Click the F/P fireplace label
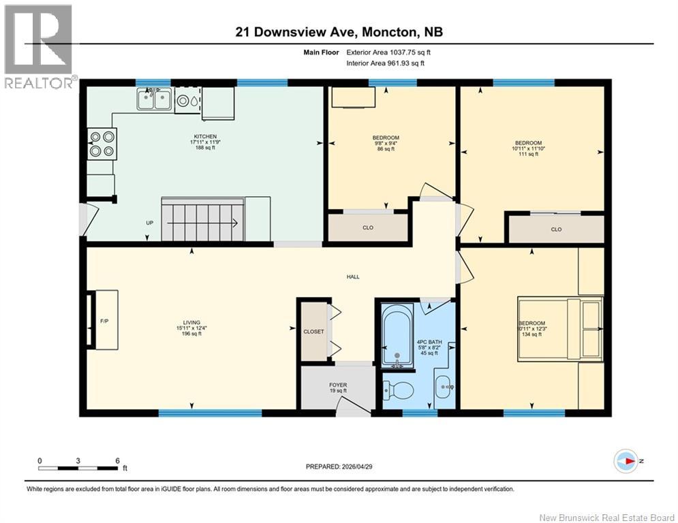[x=104, y=320]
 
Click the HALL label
[x=352, y=276]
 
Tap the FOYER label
[x=338, y=385]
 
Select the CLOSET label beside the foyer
[x=313, y=331]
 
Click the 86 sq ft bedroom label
[x=386, y=143]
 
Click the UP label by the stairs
[x=149, y=223]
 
